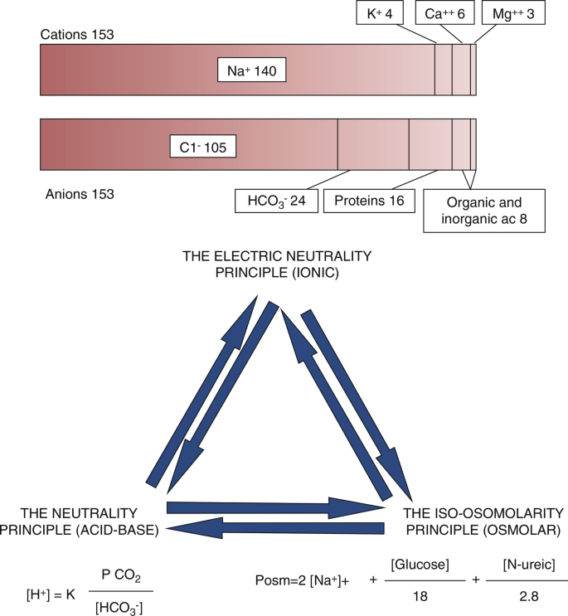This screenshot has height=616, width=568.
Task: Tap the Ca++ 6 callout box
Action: click(x=440, y=14)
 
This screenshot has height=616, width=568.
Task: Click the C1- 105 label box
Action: click(x=203, y=147)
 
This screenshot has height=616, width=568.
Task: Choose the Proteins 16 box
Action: click(x=368, y=201)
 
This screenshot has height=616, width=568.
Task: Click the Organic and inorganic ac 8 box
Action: click(x=484, y=211)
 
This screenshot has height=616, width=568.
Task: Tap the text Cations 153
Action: click(x=77, y=35)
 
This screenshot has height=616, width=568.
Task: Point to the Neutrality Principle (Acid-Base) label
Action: click(x=80, y=521)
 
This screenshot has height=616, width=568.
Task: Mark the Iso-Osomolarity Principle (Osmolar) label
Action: click(x=483, y=521)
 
